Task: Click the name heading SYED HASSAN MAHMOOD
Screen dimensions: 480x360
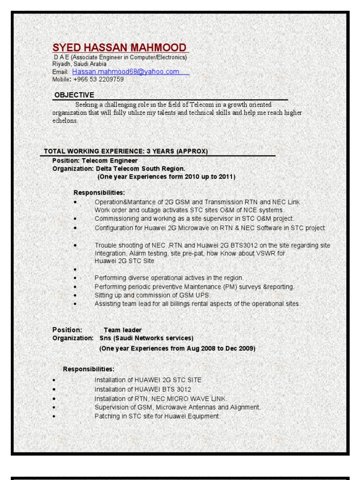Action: click(x=120, y=48)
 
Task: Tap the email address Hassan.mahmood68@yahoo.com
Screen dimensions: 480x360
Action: click(x=126, y=72)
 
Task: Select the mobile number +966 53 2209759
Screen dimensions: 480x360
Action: click(x=98, y=79)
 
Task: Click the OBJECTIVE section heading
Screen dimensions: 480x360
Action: click(x=74, y=95)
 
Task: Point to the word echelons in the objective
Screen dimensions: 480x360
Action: click(x=65, y=120)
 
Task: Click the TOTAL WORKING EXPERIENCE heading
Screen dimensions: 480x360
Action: click(x=126, y=151)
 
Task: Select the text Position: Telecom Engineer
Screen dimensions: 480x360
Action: click(x=95, y=160)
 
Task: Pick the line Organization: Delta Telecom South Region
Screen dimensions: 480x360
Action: click(x=119, y=168)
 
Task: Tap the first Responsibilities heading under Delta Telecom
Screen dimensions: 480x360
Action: click(x=99, y=193)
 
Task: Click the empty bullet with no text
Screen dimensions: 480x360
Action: click(x=75, y=270)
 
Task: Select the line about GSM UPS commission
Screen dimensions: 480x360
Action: click(x=153, y=295)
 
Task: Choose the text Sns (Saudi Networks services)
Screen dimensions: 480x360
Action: click(x=146, y=338)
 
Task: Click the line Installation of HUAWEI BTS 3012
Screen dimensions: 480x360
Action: click(x=143, y=390)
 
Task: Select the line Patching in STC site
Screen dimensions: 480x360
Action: click(x=157, y=416)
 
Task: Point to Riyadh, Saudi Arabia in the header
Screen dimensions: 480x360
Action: click(x=79, y=64)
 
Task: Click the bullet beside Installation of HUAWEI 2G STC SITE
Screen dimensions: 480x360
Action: click(x=54, y=380)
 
